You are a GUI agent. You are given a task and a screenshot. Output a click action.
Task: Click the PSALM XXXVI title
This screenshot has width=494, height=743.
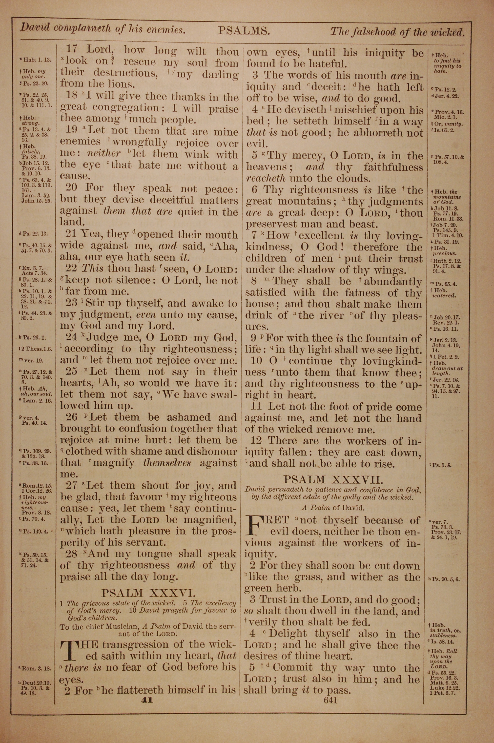click(x=148, y=593)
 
